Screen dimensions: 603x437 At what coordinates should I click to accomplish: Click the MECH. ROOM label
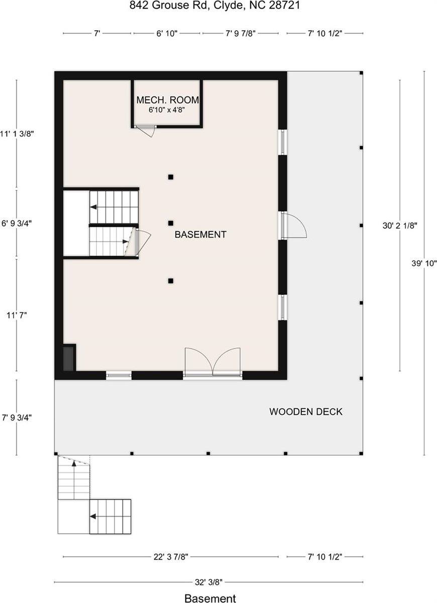[x=167, y=99]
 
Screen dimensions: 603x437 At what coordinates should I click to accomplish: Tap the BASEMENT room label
[x=200, y=234]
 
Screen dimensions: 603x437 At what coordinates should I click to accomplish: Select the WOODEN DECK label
[x=306, y=412]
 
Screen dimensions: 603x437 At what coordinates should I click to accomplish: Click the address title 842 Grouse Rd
[x=219, y=6]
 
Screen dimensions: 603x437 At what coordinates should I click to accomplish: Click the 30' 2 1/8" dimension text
[x=400, y=226]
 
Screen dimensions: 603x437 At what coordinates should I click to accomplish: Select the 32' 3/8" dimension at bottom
[x=208, y=582]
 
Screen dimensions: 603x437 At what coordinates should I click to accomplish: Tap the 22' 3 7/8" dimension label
[x=171, y=557]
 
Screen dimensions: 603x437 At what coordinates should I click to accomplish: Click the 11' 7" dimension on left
[x=16, y=315]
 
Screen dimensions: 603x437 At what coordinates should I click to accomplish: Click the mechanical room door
[x=147, y=130]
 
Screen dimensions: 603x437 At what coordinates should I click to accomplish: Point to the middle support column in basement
[x=171, y=223]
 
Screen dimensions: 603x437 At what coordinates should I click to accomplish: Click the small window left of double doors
[x=119, y=374]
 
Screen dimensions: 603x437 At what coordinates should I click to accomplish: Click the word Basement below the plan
[x=210, y=598]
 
